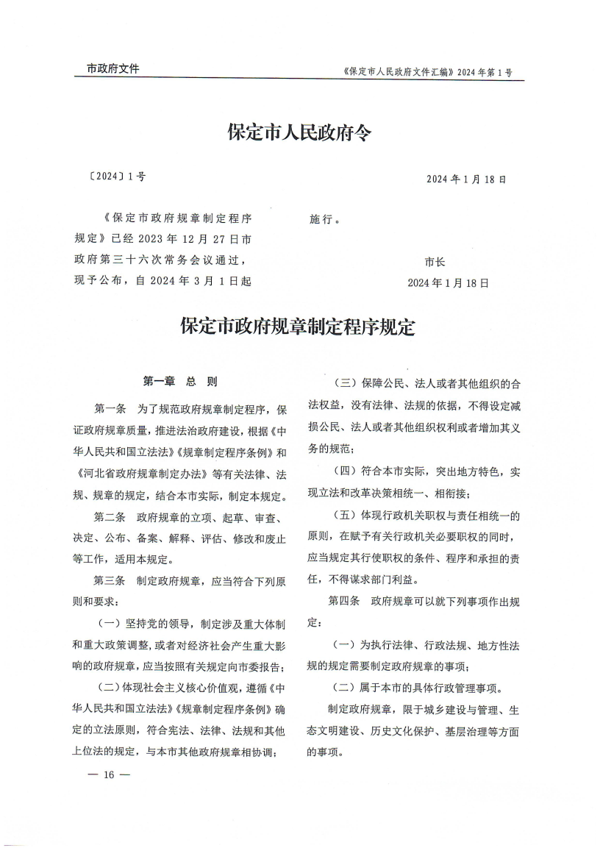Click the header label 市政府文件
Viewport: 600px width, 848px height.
(113, 69)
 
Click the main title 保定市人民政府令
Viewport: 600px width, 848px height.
(300, 133)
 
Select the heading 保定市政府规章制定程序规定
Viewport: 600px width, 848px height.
(298, 327)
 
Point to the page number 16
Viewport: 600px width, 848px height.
(108, 775)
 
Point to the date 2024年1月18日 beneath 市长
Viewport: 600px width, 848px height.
(448, 282)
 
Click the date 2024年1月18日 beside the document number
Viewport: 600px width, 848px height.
(467, 179)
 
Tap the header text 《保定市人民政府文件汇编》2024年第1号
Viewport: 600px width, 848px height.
(427, 73)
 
